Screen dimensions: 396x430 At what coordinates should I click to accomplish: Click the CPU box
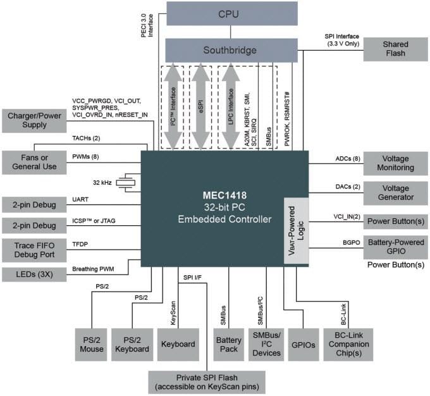[x=231, y=14]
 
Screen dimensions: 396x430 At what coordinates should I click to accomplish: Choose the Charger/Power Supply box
[x=34, y=121]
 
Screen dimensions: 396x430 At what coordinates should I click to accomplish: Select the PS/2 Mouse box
[x=92, y=344]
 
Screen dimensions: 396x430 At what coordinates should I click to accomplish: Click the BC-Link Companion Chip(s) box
[x=350, y=344]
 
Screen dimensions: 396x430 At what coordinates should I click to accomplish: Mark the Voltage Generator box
[x=395, y=192]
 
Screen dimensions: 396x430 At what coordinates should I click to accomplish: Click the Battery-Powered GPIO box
[x=395, y=247]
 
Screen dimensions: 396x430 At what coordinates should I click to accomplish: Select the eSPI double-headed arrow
[x=200, y=107]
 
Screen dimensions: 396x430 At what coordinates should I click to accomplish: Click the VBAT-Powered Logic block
[x=296, y=230]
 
